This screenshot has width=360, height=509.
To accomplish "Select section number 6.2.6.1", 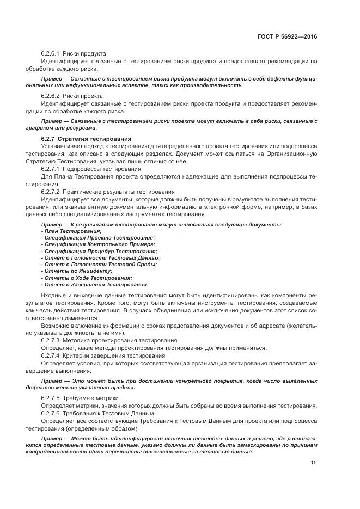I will [x=51, y=54].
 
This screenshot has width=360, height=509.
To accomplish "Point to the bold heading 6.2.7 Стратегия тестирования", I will [x=83, y=139].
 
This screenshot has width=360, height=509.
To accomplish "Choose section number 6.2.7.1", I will [x=51, y=169].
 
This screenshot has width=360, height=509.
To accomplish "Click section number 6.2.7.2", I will [x=51, y=192].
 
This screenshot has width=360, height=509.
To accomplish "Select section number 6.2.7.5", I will [x=51, y=398].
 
